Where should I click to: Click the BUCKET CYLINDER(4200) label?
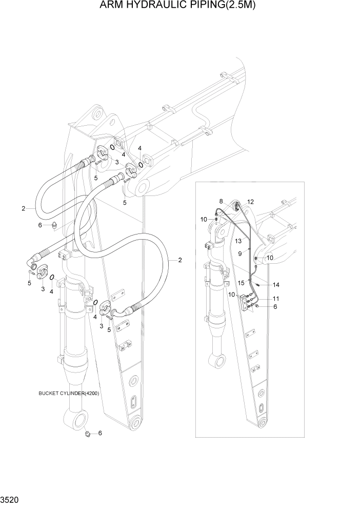coord(69,394)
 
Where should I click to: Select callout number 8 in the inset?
coord(221,201)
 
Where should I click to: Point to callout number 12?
coord(251,202)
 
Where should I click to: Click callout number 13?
coord(238,241)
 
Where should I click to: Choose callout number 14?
coord(276,284)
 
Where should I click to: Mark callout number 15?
coord(241,283)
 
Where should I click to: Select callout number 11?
coord(276,299)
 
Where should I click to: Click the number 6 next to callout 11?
coord(275,307)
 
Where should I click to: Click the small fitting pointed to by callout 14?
coord(260,285)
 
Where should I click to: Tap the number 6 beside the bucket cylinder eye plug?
coord(100,433)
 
